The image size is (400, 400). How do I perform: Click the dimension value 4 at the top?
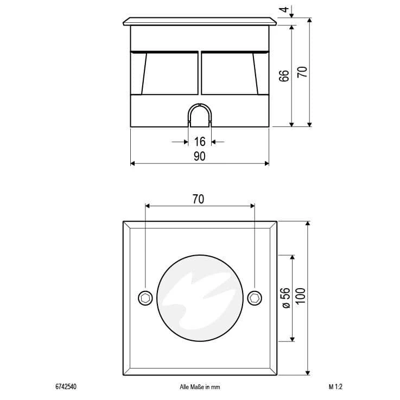pos(284,10)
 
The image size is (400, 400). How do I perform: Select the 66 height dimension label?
pos(284,76)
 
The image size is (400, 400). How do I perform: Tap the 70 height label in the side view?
pos(302,72)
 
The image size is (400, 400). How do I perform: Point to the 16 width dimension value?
pos(200,142)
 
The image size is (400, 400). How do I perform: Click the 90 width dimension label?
pos(199,156)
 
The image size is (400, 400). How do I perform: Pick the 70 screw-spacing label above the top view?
pos(198,199)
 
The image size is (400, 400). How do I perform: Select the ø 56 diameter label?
pos(286,298)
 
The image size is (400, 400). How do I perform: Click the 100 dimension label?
pos(301,296)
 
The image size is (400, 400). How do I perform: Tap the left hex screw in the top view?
pos(145,298)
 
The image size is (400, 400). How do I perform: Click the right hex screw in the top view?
pos(255,298)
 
